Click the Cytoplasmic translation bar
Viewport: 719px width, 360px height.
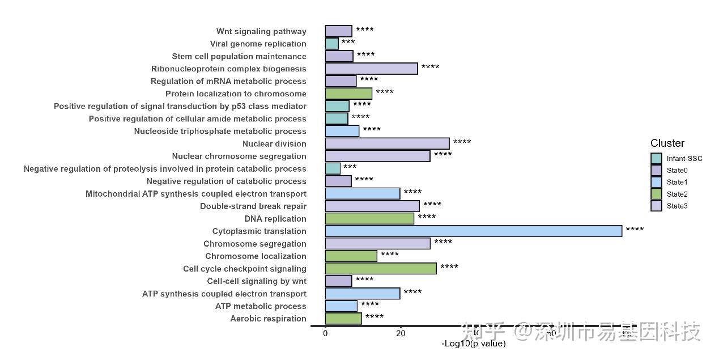pyautogui.click(x=473, y=231)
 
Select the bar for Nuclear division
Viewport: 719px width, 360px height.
pyautogui.click(x=387, y=144)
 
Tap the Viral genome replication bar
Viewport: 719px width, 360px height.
pyautogui.click(x=331, y=44)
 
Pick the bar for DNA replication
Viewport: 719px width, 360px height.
pyautogui.click(x=369, y=219)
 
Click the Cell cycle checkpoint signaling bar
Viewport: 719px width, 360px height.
pyautogui.click(x=381, y=269)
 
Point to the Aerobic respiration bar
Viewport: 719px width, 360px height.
pyautogui.click(x=343, y=319)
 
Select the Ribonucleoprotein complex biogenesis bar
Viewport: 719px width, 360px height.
pyautogui.click(x=371, y=69)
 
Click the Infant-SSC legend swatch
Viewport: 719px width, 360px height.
pyautogui.click(x=656, y=159)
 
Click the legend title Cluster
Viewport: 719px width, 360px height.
pyautogui.click(x=667, y=143)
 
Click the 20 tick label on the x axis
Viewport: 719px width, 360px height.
pyautogui.click(x=401, y=334)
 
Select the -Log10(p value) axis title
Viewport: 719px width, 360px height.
pyautogui.click(x=473, y=344)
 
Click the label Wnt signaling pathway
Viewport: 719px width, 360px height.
pyautogui.click(x=261, y=32)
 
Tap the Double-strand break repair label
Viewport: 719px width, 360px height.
pyautogui.click(x=253, y=206)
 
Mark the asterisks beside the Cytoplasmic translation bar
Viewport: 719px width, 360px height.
pyautogui.click(x=635, y=230)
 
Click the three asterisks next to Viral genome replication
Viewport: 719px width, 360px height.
pyautogui.click(x=348, y=43)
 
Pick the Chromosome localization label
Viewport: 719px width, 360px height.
pyautogui.click(x=256, y=256)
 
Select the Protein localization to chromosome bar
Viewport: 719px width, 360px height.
pyautogui.click(x=348, y=94)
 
